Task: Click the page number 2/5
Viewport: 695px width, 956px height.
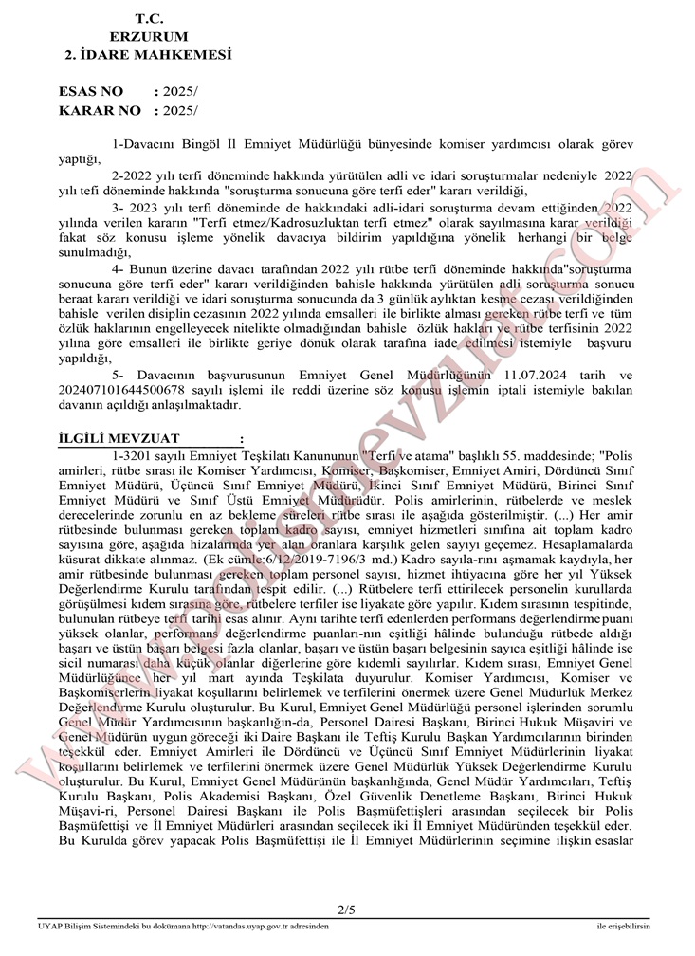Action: coord(346,911)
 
